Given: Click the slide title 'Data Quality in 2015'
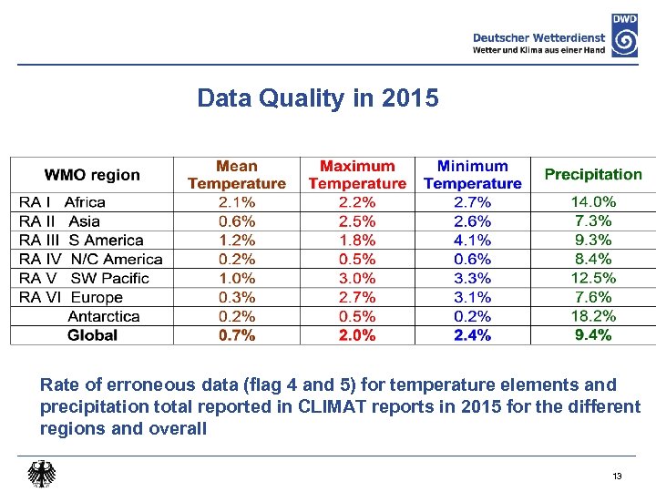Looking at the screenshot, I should [x=317, y=97].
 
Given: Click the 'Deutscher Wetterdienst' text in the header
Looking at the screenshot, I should [x=539, y=37].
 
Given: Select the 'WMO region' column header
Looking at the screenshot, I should [x=92, y=175].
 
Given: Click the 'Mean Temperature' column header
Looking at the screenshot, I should [x=237, y=175].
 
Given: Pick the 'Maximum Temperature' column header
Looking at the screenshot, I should [x=357, y=175].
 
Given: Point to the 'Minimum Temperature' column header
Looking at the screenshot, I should [x=472, y=175].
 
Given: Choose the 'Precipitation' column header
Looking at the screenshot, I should [x=593, y=174].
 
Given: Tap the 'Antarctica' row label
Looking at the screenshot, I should [x=104, y=316].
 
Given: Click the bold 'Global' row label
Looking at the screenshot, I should [x=92, y=335].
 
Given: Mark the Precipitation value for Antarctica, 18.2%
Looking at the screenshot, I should [x=593, y=316].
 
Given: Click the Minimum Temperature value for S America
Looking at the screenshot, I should [x=472, y=241].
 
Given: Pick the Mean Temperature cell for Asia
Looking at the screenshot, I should [x=237, y=221].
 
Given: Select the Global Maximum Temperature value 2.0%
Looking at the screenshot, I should [x=357, y=335].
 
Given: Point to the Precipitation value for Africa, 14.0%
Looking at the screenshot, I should [x=593, y=202].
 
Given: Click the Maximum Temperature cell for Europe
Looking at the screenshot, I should [x=357, y=297].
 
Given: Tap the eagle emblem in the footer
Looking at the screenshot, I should [x=41, y=474].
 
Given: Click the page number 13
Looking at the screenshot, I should [x=617, y=477].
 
